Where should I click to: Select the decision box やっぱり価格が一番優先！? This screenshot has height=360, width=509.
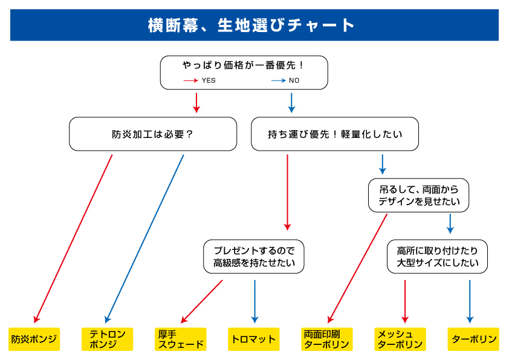point(244,65)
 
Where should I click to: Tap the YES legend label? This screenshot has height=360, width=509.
point(208,80)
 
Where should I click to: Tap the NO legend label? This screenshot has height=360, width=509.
point(294,80)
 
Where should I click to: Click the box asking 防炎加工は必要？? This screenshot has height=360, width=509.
point(153,134)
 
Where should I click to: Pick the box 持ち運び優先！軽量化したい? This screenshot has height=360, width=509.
point(334,134)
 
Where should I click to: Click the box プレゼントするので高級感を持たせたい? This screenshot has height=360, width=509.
point(253,257)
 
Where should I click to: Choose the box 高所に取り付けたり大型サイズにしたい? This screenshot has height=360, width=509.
point(437,257)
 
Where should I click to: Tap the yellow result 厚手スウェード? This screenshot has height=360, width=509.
point(181,339)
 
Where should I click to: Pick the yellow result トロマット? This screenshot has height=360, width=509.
point(254,339)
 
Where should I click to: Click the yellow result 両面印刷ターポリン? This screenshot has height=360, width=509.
point(327,339)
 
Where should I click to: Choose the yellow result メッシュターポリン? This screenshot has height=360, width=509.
point(400,339)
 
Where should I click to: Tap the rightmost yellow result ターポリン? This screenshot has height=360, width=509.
point(474,339)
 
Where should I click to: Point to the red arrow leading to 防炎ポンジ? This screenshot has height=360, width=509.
point(74,238)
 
